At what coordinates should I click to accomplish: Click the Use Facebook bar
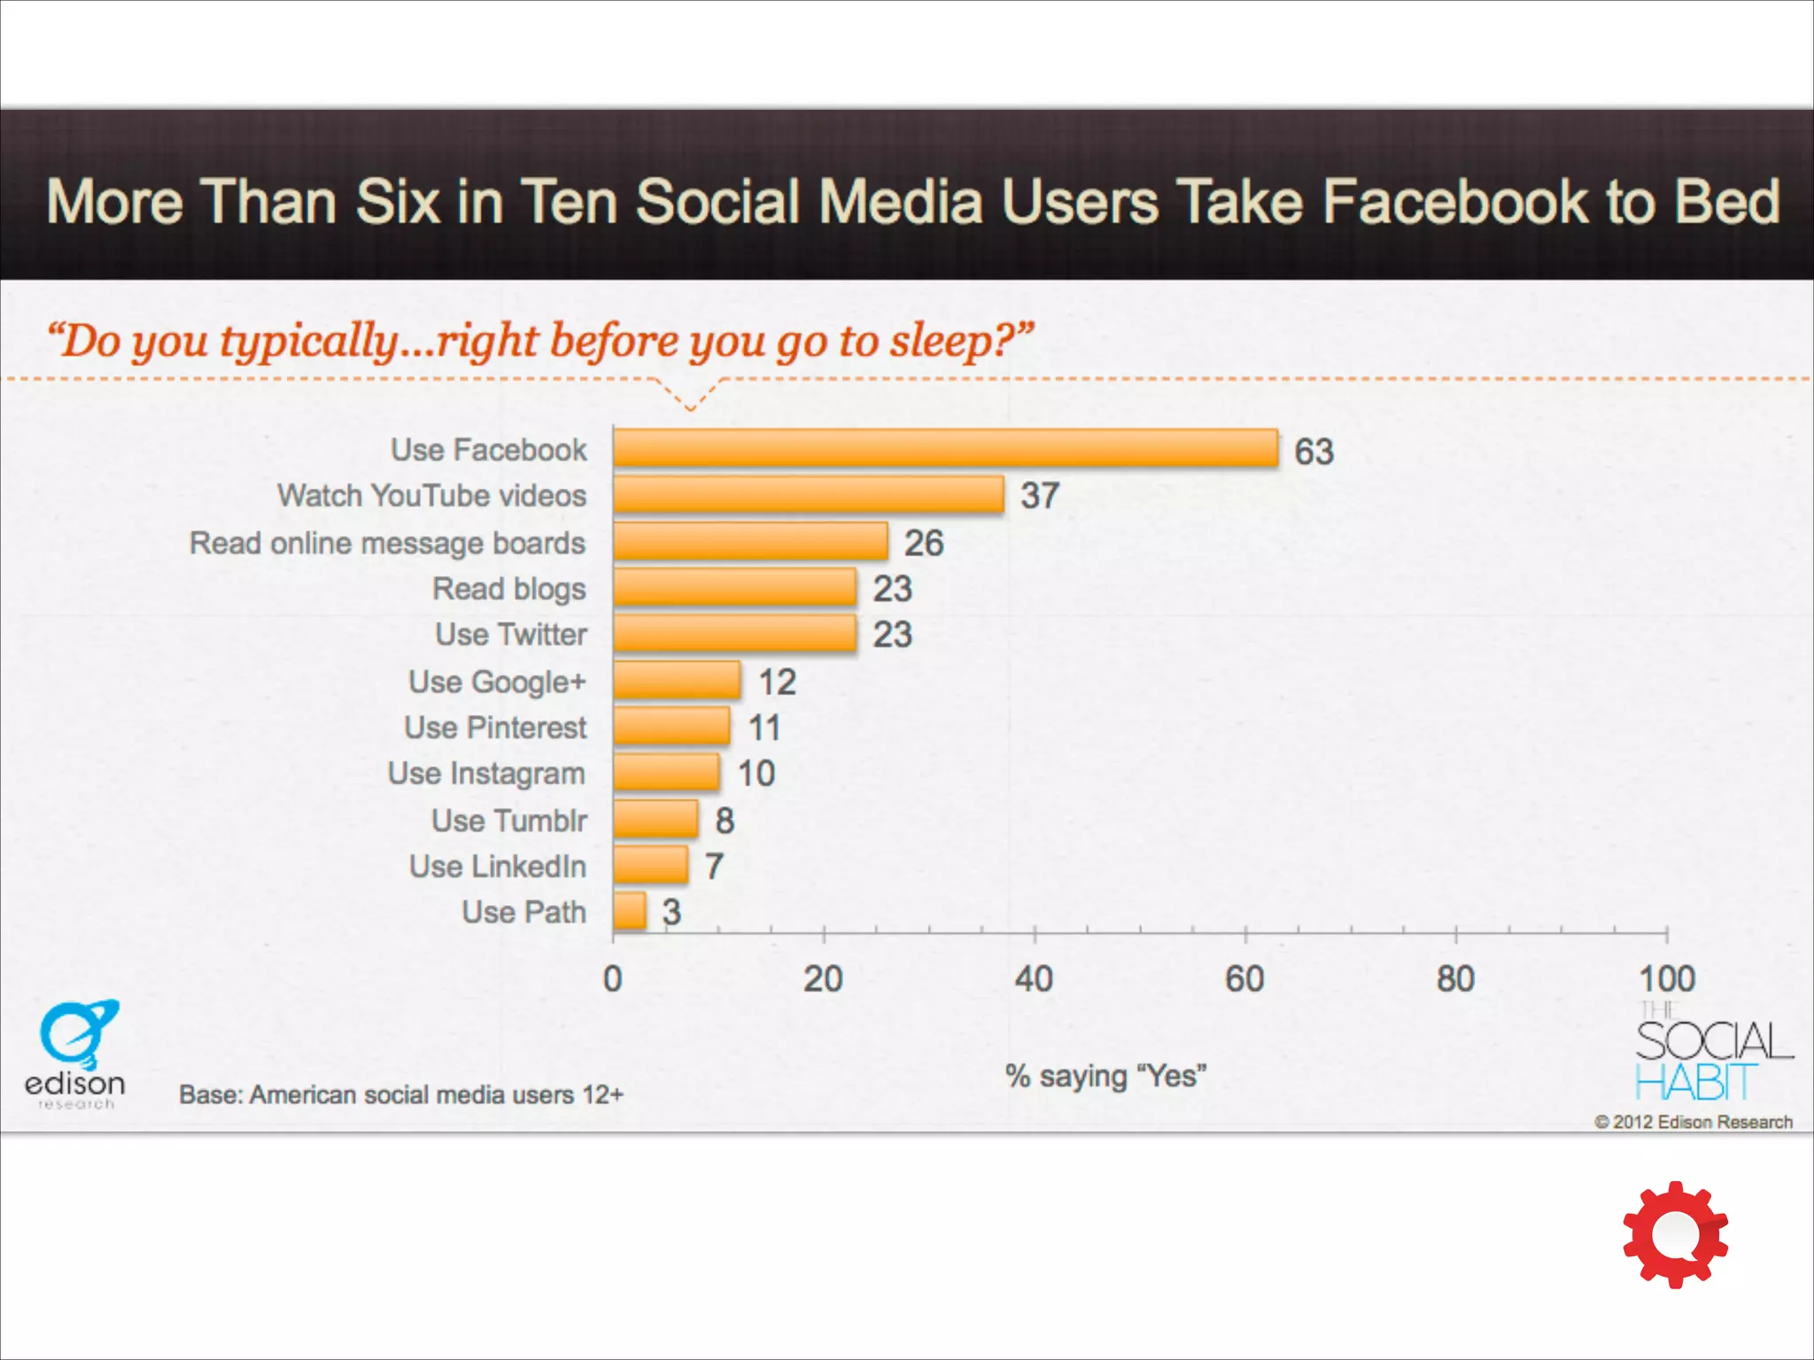tap(945, 448)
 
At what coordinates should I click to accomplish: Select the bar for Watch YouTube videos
tap(808, 494)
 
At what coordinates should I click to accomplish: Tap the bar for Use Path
tap(629, 911)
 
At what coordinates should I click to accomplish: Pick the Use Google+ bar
tap(677, 680)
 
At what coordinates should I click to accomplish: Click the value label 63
tap(1314, 452)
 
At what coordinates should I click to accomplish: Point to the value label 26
tap(923, 543)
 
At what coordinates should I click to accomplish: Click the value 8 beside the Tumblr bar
tap(725, 821)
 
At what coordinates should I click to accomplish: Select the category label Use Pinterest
tap(495, 728)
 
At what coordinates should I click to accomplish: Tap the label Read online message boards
tap(387, 543)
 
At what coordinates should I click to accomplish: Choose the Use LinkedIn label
tap(498, 866)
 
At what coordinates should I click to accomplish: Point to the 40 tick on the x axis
tap(1034, 979)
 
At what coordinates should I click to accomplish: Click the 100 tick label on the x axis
tap(1666, 979)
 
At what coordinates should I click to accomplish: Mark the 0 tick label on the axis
tap(612, 979)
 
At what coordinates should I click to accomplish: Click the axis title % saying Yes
tap(1105, 1077)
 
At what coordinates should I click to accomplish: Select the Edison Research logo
tap(76, 1054)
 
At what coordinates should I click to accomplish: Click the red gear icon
tap(1675, 1234)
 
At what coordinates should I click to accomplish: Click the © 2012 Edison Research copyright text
tap(1693, 1123)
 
